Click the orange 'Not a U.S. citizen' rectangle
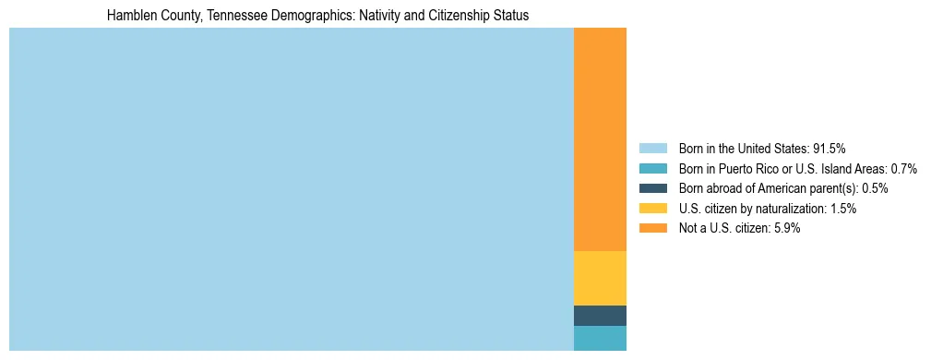[600, 138]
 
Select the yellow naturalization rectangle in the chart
[600, 278]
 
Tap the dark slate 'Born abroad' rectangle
[600, 316]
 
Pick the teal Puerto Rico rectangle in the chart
[600, 338]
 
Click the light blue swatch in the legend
[652, 148]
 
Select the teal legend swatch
[652, 168]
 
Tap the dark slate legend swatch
[652, 188]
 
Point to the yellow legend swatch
[652, 209]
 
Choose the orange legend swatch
[652, 229]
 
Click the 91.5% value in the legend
[830, 148]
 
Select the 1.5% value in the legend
[843, 209]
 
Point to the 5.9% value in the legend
[787, 229]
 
